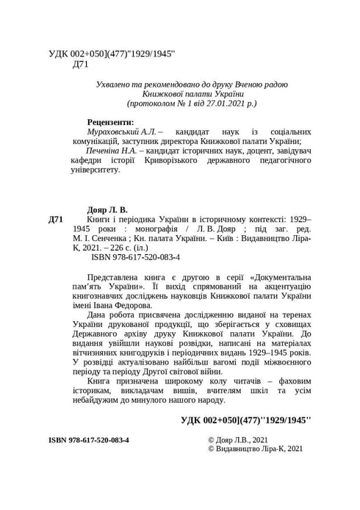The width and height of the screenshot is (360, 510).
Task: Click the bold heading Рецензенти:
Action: pyautogui.click(x=110, y=121)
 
